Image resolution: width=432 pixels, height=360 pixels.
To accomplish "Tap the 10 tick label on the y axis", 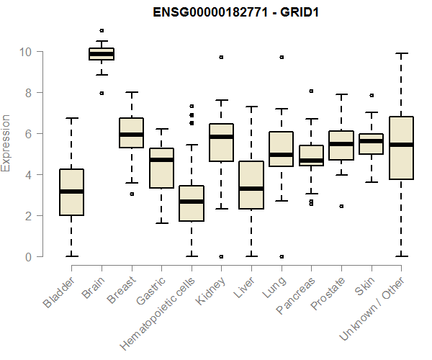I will pyautogui.click(x=24, y=52).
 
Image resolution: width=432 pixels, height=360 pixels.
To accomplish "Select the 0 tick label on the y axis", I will pyautogui.click(x=28, y=257).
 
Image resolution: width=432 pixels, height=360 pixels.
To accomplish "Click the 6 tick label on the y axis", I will pyautogui.click(x=28, y=134).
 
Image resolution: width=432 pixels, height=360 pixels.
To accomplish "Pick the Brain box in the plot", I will pyautogui.click(x=102, y=54).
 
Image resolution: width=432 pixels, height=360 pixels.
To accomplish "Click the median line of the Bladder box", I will pyautogui.click(x=71, y=192).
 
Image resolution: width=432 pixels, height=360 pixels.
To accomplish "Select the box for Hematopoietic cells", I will pyautogui.click(x=192, y=203).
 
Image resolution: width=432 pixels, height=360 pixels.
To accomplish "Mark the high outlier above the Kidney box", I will pyautogui.click(x=221, y=57).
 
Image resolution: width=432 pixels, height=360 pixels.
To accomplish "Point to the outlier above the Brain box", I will pyautogui.click(x=102, y=30).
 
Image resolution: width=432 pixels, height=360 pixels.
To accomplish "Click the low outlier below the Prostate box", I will pyautogui.click(x=341, y=206).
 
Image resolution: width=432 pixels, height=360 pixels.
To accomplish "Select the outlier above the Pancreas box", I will pyautogui.click(x=311, y=91).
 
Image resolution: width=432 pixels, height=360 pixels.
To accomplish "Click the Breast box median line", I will pyautogui.click(x=131, y=134).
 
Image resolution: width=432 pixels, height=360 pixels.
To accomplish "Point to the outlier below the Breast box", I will pyautogui.click(x=132, y=194).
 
